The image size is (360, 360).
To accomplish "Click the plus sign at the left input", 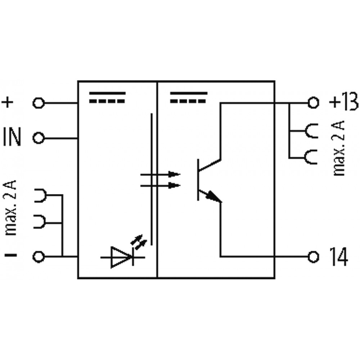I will (x=9, y=103).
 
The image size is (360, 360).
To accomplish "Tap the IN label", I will (x=13, y=138).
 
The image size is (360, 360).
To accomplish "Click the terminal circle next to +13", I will (x=314, y=103).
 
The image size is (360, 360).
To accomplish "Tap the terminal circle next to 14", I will (x=314, y=257).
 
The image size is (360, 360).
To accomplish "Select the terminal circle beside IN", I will (x=39, y=138).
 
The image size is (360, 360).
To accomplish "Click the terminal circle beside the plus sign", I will (x=39, y=103).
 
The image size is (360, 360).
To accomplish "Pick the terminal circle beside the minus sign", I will (x=39, y=257).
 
